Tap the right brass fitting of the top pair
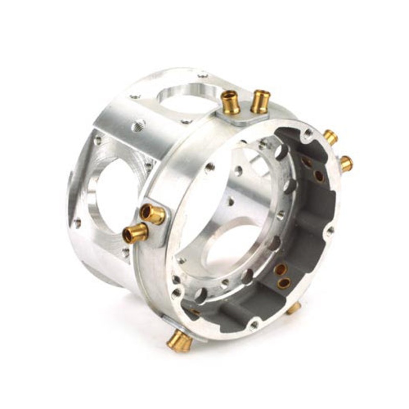click(260, 100)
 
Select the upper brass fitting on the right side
click(330, 137)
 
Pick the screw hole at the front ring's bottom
click(254, 324)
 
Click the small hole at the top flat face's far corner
click(203, 75)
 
